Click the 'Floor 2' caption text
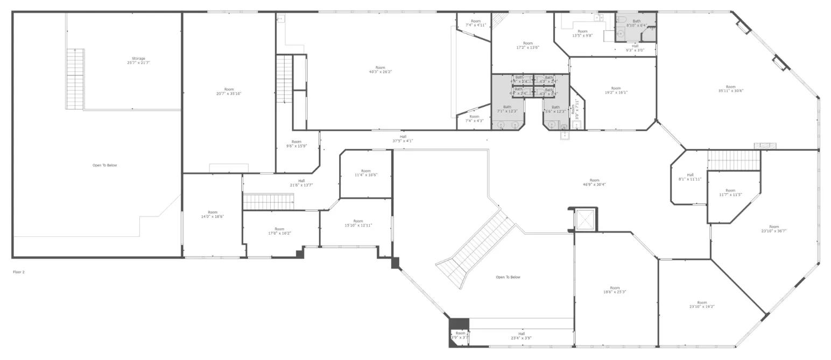tap(19, 272)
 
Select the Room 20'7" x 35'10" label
tap(229, 91)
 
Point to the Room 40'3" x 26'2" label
tap(380, 69)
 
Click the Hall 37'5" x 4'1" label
tap(403, 139)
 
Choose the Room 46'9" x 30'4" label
tap(594, 182)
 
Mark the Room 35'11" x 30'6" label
tap(730, 89)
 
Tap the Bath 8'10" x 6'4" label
tap(636, 23)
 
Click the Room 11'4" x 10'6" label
tap(365, 173)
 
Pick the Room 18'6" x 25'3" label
tap(615, 290)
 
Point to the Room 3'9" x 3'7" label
tap(460, 335)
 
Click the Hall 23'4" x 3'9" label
tap(521, 336)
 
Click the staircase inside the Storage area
tap(75, 79)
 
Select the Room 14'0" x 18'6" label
tap(213, 214)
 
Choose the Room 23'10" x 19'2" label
tap(702, 305)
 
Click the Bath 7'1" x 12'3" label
tap(507, 109)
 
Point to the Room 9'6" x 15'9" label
tap(296, 144)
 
